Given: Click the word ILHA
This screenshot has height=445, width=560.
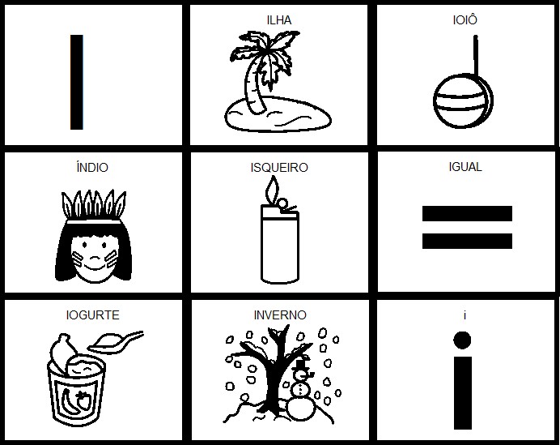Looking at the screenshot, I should pos(279,19).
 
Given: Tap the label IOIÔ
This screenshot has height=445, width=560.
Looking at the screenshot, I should pos(466,19).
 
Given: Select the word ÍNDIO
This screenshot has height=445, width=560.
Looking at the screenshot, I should pos(91,169).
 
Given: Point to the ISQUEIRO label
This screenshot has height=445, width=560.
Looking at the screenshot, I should pos(279,169).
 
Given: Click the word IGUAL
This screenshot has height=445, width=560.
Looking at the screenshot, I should pos(465,167).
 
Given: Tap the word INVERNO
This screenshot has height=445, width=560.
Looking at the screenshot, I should pos(280,315).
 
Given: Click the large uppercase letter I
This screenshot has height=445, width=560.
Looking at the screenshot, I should pos(76,82).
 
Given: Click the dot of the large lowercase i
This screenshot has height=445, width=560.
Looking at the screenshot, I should pos(462,339).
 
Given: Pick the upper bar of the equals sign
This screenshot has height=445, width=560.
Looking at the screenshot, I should pos(467,214).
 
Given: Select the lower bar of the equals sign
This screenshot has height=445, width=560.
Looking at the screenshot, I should pos(467,241).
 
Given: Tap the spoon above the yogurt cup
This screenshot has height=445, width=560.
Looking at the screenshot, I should pos(117,340).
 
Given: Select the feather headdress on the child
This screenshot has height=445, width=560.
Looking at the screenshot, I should pos(91,203).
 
